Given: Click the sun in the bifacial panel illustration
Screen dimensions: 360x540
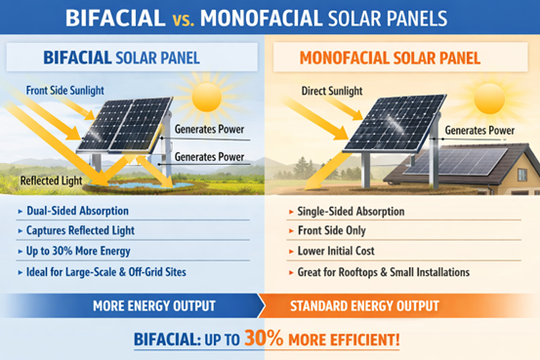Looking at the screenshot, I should point(207,99).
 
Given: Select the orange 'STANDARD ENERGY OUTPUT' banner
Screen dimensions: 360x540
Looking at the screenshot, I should point(397,304).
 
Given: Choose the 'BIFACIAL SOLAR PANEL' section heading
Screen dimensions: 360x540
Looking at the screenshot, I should point(122,58).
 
